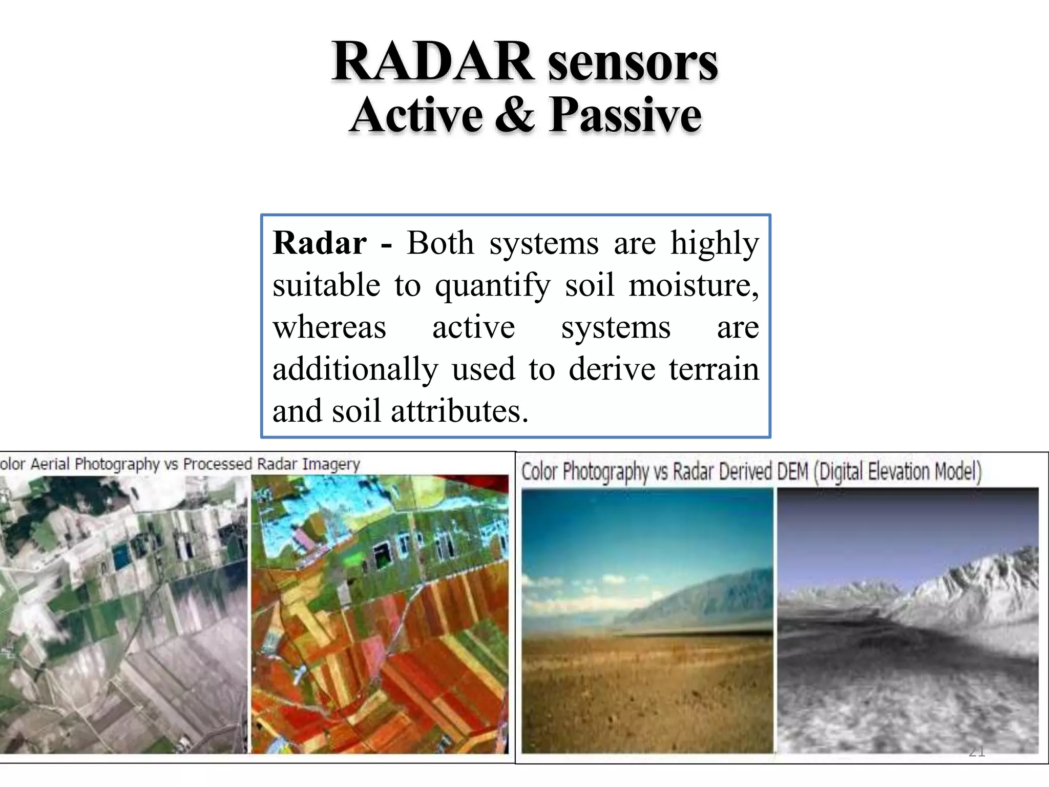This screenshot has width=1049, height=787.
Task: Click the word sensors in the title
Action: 633,64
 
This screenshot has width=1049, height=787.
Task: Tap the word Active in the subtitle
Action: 416,115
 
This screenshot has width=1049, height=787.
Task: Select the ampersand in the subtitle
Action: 515,115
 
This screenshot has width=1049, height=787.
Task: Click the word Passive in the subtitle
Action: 625,116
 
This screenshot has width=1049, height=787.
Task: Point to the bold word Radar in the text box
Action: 320,243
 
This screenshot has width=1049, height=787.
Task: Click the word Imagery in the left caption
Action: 331,464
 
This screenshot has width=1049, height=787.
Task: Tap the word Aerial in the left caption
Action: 50,464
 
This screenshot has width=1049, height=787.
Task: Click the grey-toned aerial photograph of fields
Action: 123,615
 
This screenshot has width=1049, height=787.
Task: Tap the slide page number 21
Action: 977,752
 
